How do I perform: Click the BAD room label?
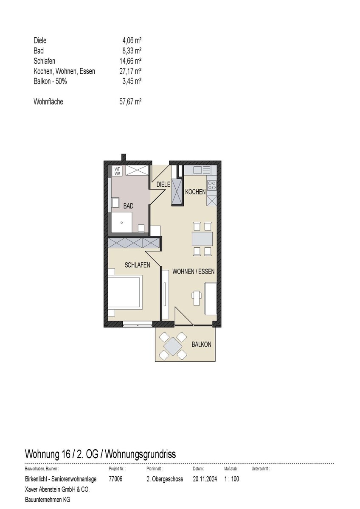(x=128, y=206)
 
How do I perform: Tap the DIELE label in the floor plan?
(x=163, y=185)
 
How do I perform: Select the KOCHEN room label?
(x=195, y=192)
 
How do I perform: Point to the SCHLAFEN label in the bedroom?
(x=137, y=265)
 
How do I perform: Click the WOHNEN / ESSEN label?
(x=193, y=271)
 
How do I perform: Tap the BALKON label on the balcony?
(x=201, y=344)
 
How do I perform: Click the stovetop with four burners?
(x=211, y=185)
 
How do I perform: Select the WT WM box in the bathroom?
(x=117, y=171)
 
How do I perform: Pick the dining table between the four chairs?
(x=202, y=239)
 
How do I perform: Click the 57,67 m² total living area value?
(x=130, y=102)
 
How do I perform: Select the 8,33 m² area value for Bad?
(x=132, y=51)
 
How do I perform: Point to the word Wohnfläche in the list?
(x=48, y=102)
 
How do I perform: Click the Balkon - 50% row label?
(x=50, y=81)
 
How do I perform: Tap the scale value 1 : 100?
(x=232, y=479)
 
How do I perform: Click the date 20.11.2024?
(x=205, y=479)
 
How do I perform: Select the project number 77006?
(x=116, y=479)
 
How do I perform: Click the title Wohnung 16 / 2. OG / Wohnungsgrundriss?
(x=101, y=454)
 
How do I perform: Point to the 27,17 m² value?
(x=130, y=71)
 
